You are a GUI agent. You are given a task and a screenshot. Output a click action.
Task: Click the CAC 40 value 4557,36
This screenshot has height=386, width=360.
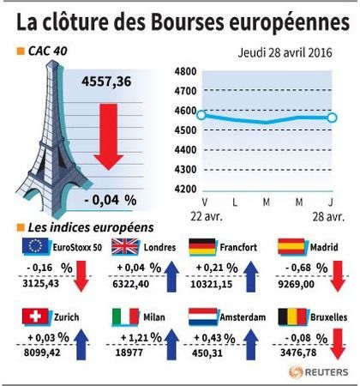[106, 81]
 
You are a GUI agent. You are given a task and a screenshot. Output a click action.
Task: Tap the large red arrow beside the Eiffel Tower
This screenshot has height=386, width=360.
[109, 136]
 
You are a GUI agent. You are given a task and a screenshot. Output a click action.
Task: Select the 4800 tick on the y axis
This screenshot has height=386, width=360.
[185, 71]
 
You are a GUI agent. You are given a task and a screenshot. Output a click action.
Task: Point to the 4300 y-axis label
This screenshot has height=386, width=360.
[185, 170]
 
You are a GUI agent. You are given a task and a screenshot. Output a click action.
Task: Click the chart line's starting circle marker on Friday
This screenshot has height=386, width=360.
[201, 115]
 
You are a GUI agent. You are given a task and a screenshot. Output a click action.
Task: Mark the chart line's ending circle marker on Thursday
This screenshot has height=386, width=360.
[332, 118]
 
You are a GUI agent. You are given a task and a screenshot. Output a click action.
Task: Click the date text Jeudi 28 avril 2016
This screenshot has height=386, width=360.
[285, 53]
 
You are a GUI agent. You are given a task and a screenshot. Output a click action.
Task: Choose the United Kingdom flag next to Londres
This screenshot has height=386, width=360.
[125, 246]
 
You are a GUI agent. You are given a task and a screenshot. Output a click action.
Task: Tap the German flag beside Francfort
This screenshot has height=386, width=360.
[202, 247]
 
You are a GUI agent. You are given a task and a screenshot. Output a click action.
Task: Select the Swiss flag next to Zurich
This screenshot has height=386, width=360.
[35, 317]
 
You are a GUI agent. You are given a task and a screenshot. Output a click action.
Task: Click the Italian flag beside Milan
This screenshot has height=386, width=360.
[125, 317]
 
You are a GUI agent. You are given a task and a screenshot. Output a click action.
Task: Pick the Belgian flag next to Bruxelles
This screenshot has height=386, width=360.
[292, 317]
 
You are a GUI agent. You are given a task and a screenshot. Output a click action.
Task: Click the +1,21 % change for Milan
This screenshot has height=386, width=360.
[141, 338]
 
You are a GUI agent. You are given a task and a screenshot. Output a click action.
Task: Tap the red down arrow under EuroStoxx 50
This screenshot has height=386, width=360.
[81, 276]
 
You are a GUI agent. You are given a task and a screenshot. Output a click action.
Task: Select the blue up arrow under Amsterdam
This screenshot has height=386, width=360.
[251, 344]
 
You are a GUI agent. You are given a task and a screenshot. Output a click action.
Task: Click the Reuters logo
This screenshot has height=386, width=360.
[319, 372]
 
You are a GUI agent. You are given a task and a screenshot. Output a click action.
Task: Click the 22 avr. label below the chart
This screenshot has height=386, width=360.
[207, 217]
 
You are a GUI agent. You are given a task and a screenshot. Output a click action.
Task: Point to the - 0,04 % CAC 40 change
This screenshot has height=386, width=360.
[111, 200]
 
